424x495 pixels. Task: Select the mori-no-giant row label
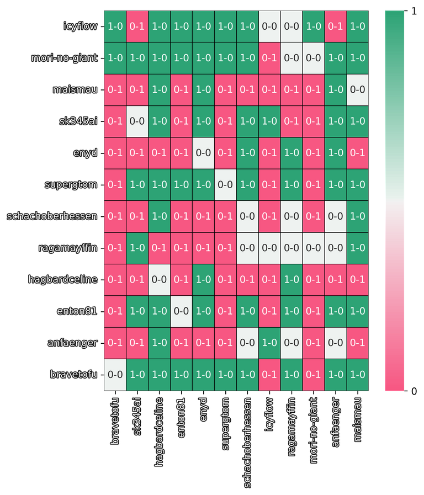pyautogui.click(x=65, y=57)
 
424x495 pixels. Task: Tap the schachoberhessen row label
pyautogui.click(x=52, y=216)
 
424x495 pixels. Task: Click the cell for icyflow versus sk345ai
pyautogui.click(x=137, y=26)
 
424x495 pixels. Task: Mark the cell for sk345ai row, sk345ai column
pyautogui.click(x=137, y=121)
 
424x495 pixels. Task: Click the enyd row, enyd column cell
pyautogui.click(x=203, y=153)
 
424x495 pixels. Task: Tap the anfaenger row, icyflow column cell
pyautogui.click(x=269, y=343)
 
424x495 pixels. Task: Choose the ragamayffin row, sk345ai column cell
pyautogui.click(x=137, y=248)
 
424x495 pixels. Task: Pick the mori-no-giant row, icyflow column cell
pyautogui.click(x=269, y=57)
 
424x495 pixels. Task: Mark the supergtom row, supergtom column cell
pyautogui.click(x=225, y=184)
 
